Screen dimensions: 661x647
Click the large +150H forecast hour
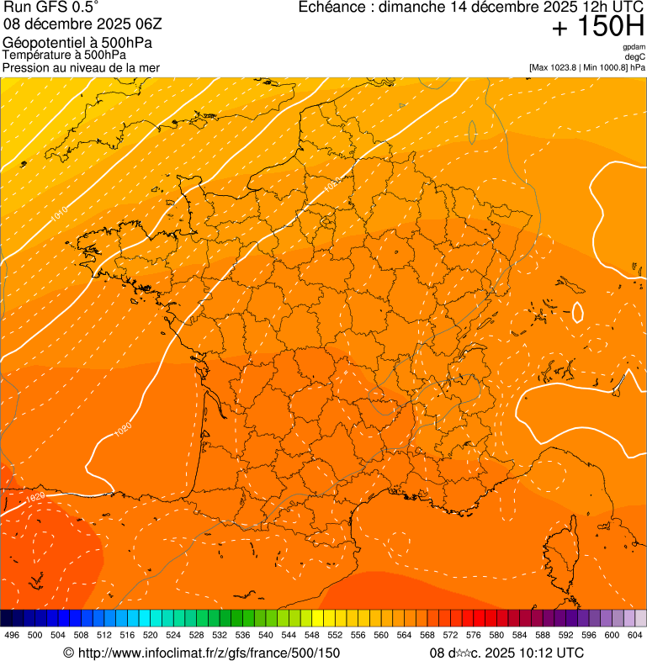pos(597,27)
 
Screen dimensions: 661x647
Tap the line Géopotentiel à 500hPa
pos(77,42)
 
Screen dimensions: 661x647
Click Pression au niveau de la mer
pos(81,67)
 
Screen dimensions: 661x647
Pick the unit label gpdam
pos(634,47)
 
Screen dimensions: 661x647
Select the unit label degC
pos(635,56)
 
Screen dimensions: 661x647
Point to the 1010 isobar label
pos(59,215)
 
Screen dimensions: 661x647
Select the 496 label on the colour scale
pos(12,635)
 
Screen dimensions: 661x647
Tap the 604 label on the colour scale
pos(634,635)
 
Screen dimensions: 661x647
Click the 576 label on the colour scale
pos(473,635)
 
